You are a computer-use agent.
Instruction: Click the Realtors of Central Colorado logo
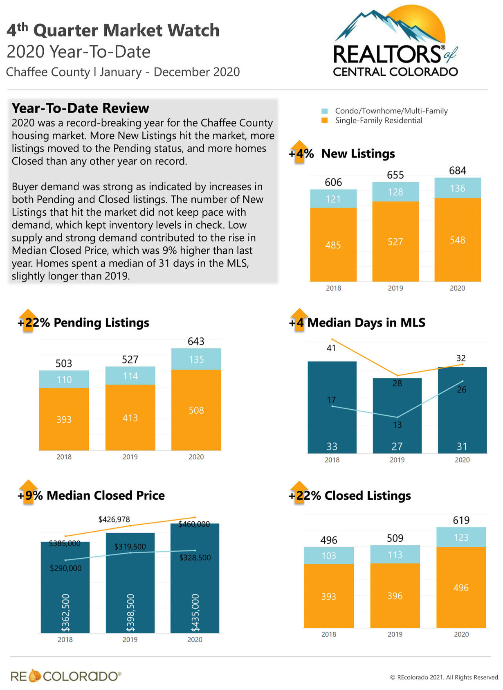tap(395, 43)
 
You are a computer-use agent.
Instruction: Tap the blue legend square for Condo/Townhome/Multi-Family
tap(325, 111)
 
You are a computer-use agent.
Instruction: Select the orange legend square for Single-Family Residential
tap(325, 120)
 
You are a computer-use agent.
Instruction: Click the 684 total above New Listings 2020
tap(457, 171)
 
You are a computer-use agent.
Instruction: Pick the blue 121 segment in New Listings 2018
tap(333, 199)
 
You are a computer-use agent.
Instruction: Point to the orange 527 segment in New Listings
tap(395, 241)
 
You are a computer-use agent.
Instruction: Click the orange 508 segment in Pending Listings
tap(196, 410)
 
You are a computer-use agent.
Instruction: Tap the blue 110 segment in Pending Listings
tap(64, 379)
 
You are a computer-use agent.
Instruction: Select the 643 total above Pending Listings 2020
tap(196, 341)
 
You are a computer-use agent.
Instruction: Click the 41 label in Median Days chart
tap(331, 348)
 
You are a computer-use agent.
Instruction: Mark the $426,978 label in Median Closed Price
tap(114, 519)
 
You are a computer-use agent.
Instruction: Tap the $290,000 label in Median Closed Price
tap(66, 568)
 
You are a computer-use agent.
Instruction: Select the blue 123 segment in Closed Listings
tap(461, 537)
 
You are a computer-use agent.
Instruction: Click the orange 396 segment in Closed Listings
tap(395, 595)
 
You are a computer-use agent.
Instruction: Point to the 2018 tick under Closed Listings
tap(329, 634)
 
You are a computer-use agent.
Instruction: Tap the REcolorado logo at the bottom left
tap(66, 676)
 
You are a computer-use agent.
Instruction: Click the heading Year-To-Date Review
tap(81, 108)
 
